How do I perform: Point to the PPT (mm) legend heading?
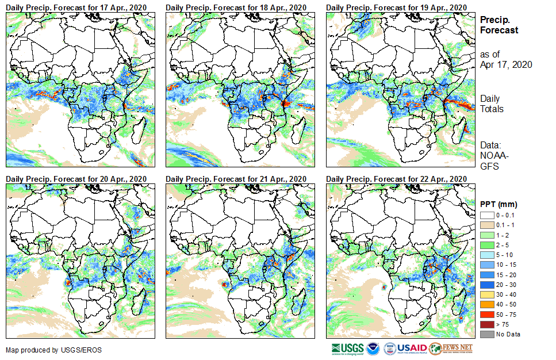499,204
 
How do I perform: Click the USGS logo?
348,348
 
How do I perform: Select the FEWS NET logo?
451,348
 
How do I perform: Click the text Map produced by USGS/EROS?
46,350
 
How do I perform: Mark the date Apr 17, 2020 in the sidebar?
506,64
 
